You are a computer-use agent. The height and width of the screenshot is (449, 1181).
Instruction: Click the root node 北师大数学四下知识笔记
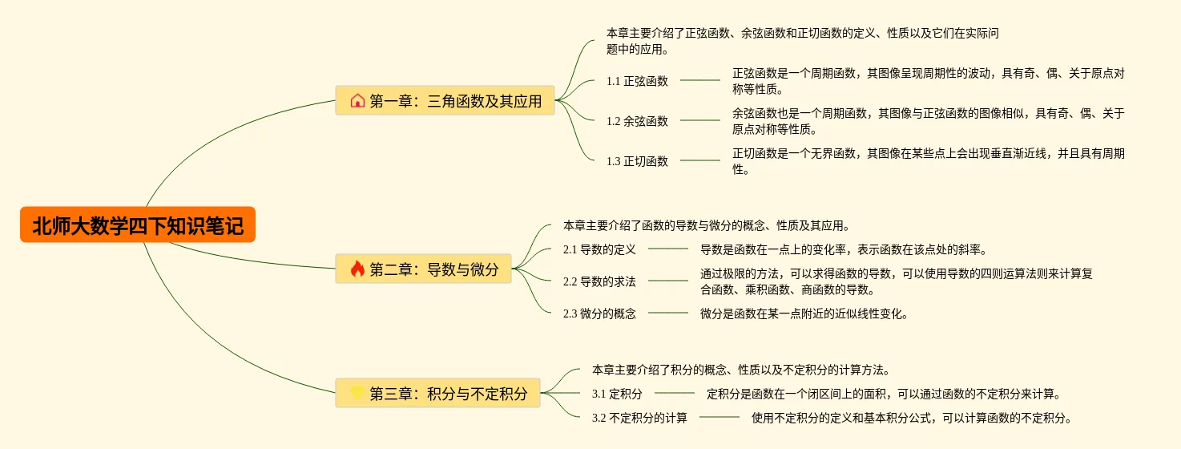pyautogui.click(x=138, y=225)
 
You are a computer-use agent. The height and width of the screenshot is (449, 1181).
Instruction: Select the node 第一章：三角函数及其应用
pyautogui.click(x=445, y=101)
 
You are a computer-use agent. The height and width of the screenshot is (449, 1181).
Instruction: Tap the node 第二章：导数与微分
pyautogui.click(x=424, y=269)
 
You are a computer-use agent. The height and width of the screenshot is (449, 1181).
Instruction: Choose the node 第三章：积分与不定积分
pyautogui.click(x=438, y=394)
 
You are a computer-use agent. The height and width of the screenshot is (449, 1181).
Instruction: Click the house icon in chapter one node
pyautogui.click(x=357, y=101)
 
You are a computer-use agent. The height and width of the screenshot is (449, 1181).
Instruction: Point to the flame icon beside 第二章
pyautogui.click(x=357, y=269)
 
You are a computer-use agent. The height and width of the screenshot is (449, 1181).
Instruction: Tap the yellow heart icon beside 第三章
pyautogui.click(x=357, y=394)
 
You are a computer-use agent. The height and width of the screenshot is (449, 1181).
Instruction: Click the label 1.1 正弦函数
pyautogui.click(x=637, y=81)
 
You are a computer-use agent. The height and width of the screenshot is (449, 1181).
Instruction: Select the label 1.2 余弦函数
pyautogui.click(x=637, y=121)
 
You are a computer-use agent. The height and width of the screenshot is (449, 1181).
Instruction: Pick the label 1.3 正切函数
pyautogui.click(x=637, y=161)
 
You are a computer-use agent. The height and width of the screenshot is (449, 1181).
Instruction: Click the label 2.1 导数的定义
pyautogui.click(x=599, y=249)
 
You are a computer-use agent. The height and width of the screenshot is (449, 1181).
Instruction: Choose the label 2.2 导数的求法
pyautogui.click(x=599, y=281)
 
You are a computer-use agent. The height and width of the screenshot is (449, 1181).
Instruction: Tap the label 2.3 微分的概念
pyautogui.click(x=599, y=313)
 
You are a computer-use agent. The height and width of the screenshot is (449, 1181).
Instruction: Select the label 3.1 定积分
pyautogui.click(x=617, y=394)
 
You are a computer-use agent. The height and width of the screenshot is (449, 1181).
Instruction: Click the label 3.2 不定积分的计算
pyautogui.click(x=639, y=418)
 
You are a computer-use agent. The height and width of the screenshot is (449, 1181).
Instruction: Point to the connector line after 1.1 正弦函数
pyautogui.click(x=700, y=81)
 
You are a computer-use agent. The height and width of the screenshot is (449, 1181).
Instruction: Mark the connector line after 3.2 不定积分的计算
pyautogui.click(x=719, y=418)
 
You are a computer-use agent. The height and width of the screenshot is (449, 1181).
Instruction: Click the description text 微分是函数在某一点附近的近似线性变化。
pyautogui.click(x=804, y=313)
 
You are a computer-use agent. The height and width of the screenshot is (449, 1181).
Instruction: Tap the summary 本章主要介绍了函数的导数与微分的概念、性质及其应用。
pyautogui.click(x=707, y=225)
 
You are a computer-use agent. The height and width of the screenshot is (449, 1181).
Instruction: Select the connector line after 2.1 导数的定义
pyautogui.click(x=668, y=249)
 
